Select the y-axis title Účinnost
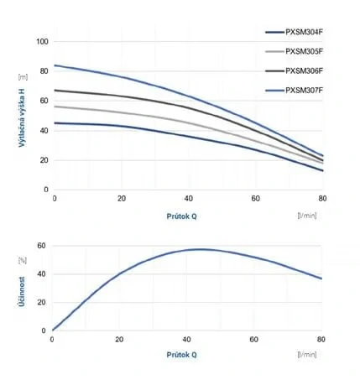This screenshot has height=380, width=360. pos(21,289)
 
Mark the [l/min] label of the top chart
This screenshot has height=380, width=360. pos(309,214)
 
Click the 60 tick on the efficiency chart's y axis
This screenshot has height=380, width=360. pos(40,246)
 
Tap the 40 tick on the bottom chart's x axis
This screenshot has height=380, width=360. pos(187,339)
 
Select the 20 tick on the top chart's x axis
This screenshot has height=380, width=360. pos(122,198)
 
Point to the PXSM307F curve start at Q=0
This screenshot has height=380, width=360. pos(55,65)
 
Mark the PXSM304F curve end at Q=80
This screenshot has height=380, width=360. pos(322,170)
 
